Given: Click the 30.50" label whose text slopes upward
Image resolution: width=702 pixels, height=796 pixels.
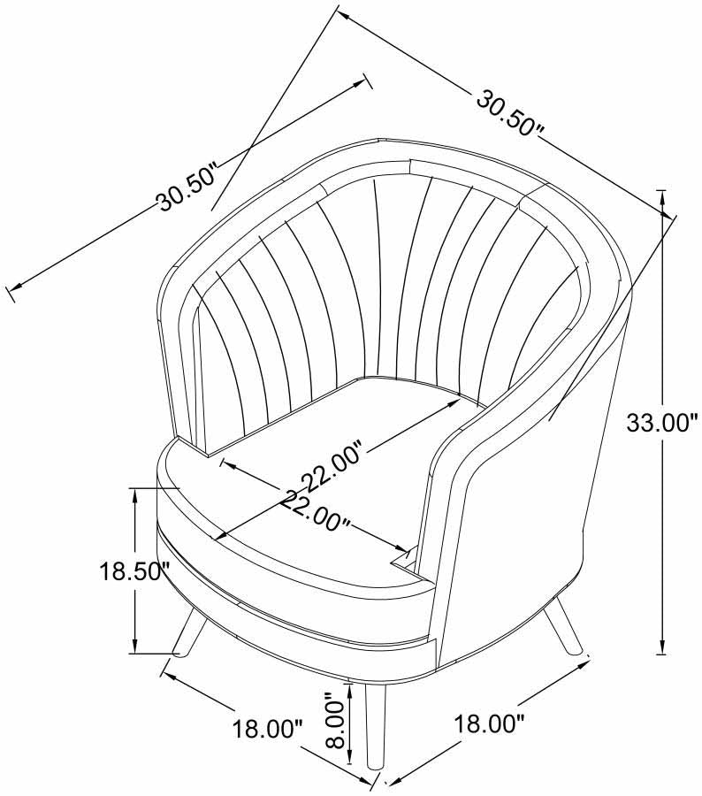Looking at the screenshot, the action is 187,188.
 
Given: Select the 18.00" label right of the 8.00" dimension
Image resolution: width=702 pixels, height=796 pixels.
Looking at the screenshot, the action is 489,723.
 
